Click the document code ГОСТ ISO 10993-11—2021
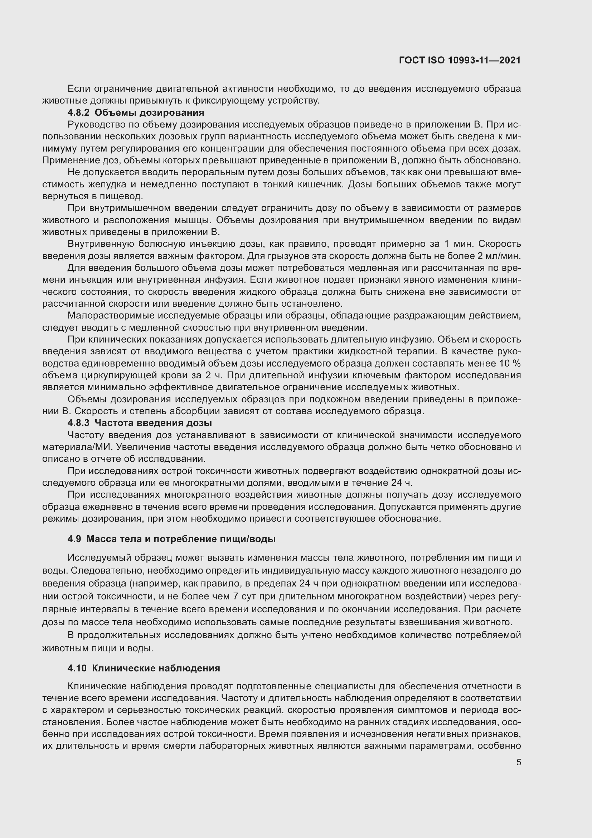pos(460,60)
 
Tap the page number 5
pos(518,762)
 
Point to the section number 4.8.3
pos(78,423)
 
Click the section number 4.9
pos(74,539)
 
